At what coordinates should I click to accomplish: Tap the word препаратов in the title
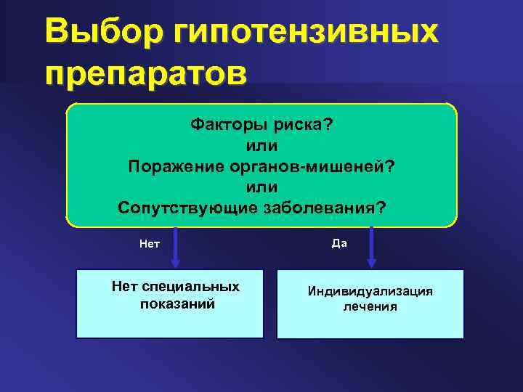[145, 74]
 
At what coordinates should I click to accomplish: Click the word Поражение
[179, 166]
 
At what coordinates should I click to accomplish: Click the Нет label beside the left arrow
[150, 244]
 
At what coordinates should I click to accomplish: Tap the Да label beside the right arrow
[339, 243]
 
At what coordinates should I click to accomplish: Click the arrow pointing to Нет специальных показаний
[176, 247]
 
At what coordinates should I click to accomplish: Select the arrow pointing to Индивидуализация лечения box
[371, 247]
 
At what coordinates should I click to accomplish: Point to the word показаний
[177, 303]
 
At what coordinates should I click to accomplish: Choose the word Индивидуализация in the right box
[370, 291]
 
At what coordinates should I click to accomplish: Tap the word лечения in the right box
[370, 307]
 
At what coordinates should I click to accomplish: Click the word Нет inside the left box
[123, 287]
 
